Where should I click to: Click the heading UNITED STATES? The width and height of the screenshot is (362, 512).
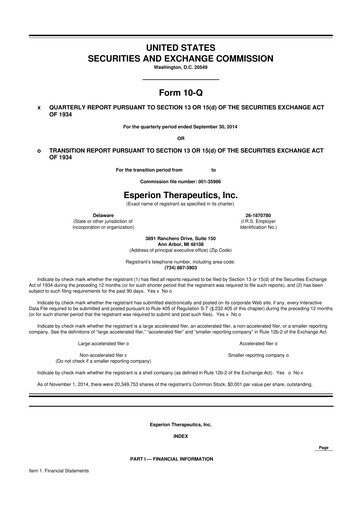(x=181, y=48)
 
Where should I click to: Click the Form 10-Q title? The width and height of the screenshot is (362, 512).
(x=181, y=91)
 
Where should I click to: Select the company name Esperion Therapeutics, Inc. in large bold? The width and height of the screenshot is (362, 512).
(x=181, y=194)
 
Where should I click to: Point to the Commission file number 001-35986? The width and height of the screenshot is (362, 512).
(x=181, y=181)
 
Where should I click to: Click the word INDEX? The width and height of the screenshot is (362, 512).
(x=181, y=436)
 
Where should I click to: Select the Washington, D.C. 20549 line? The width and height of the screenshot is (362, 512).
(x=181, y=67)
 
